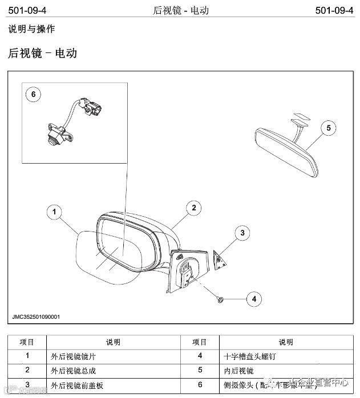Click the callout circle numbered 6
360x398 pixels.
(33, 95)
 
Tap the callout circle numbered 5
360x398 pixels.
(328, 128)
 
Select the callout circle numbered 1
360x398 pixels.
(54, 213)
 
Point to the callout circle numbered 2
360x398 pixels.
(194, 208)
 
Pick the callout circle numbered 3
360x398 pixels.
(242, 233)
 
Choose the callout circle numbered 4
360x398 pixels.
(254, 298)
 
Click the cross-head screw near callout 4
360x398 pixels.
(221, 298)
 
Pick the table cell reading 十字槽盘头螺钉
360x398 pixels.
(244, 357)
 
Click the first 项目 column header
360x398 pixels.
(27, 343)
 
